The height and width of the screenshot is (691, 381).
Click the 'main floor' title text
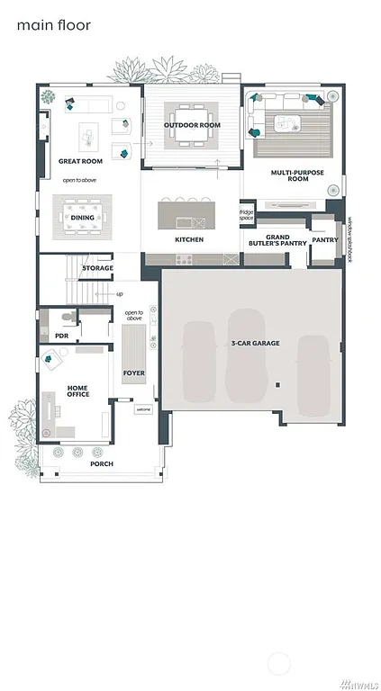(53, 25)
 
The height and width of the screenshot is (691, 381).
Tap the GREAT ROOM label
(80, 161)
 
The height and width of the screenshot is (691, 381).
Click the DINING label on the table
(83, 218)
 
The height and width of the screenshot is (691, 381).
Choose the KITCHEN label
(189, 239)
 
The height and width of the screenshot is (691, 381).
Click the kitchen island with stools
(189, 214)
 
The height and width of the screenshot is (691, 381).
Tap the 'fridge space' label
(246, 216)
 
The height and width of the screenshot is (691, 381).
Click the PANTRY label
(324, 240)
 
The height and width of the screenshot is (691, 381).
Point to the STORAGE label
(97, 268)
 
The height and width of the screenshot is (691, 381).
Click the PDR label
(50, 335)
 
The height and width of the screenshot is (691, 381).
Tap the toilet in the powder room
(65, 318)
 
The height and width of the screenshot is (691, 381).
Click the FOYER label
(134, 372)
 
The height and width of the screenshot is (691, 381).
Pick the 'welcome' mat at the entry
(143, 409)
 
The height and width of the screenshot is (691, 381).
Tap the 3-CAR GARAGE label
(256, 344)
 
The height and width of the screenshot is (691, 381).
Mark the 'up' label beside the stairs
(120, 293)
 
